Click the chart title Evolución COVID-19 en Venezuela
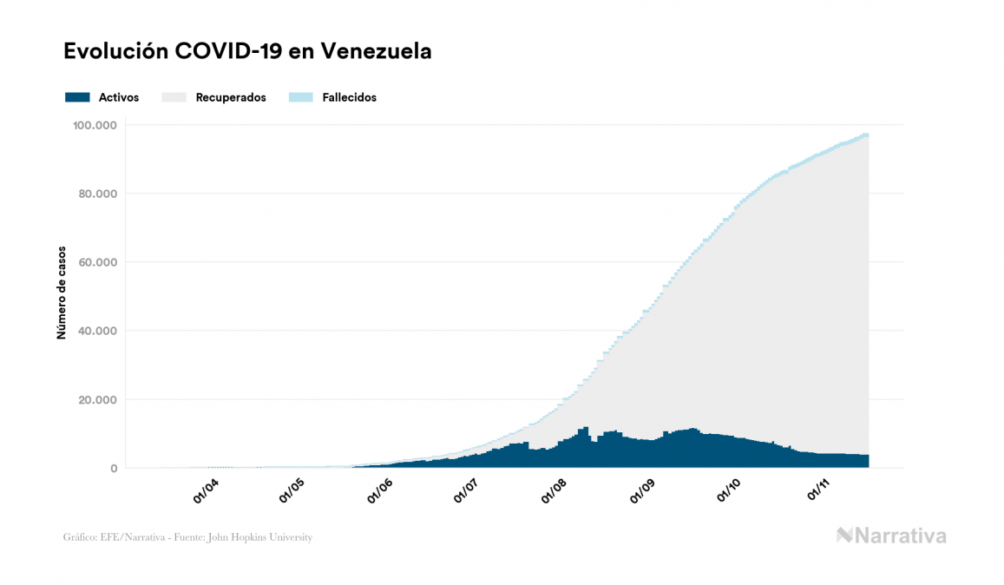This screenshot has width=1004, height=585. (247, 51)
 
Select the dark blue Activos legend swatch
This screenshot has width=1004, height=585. (77, 97)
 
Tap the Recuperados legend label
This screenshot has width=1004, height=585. (231, 97)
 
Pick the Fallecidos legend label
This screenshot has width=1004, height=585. (350, 97)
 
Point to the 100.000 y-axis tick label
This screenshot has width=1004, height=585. (95, 125)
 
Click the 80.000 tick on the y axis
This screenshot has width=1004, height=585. (98, 194)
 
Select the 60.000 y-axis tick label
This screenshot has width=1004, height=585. (98, 262)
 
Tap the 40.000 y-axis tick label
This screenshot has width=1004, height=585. (98, 331)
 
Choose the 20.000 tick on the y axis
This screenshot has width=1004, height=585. (98, 399)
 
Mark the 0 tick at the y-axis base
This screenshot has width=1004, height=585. (113, 469)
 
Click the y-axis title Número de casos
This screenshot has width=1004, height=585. (62, 297)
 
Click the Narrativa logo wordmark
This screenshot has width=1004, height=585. (891, 536)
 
